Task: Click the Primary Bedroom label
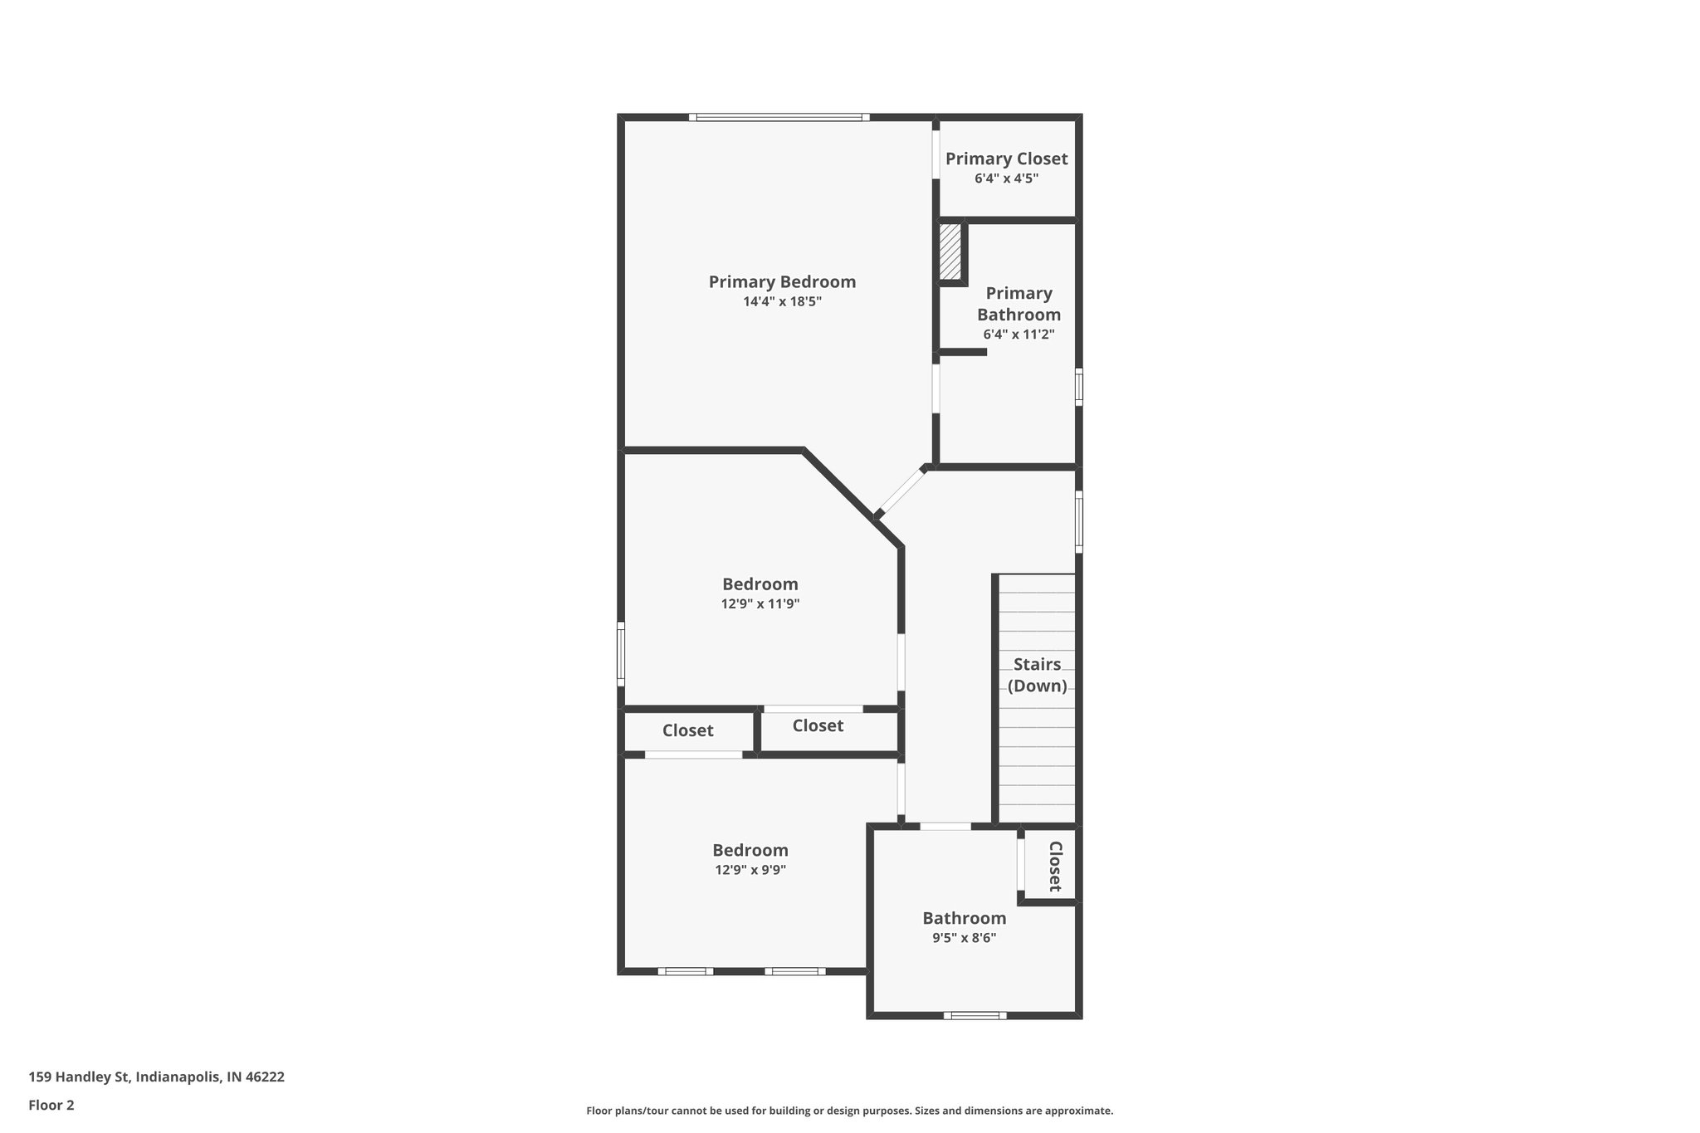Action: click(782, 282)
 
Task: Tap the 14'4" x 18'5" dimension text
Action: click(782, 302)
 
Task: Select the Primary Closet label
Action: click(1006, 159)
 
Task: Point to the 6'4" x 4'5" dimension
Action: click(1006, 178)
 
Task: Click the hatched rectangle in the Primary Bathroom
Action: click(950, 252)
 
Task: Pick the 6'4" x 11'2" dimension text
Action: click(1019, 335)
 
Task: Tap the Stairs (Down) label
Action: click(1037, 675)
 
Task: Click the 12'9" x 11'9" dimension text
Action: click(760, 604)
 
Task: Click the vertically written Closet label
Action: click(1055, 867)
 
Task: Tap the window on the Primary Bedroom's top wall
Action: click(779, 117)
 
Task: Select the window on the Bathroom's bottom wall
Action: click(975, 1015)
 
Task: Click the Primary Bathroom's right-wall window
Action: click(1079, 387)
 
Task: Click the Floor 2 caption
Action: click(51, 1105)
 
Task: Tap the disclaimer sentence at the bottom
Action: click(849, 1111)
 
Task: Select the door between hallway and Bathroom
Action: click(945, 826)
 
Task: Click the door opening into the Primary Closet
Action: click(935, 153)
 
